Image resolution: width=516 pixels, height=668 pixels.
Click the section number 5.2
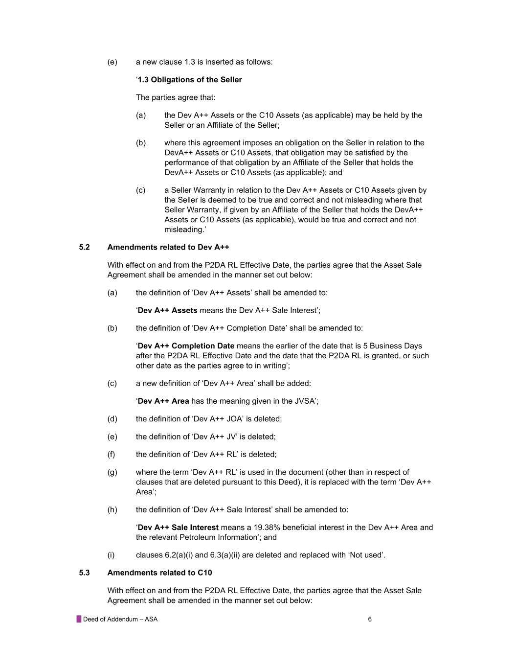[84, 247]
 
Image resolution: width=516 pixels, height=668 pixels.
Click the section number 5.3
[84, 573]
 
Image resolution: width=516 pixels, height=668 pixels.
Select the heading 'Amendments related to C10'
[159, 573]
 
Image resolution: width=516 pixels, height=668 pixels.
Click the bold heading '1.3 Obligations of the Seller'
[190, 80]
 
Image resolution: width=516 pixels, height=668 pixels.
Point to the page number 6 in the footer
[370, 619]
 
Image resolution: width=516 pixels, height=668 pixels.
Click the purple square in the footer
[79, 619]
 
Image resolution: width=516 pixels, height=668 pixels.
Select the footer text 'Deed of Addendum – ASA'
[120, 619]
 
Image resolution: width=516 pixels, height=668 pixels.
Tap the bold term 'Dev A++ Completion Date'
[186, 346]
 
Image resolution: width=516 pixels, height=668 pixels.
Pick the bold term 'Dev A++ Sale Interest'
[178, 528]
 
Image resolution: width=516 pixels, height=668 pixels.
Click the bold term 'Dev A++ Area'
[163, 401]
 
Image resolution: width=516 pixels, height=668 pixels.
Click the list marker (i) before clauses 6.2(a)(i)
[111, 555]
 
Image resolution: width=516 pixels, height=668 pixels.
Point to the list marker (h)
[112, 510]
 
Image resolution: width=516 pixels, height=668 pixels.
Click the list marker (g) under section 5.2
[112, 472]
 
